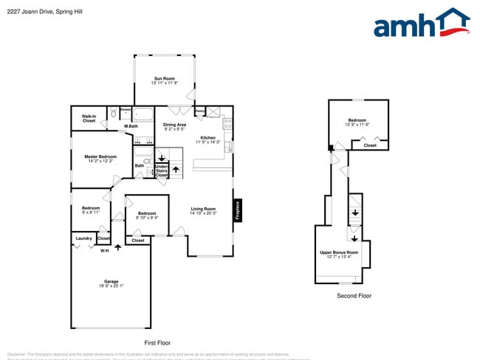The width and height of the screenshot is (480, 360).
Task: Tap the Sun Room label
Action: (x=163, y=79)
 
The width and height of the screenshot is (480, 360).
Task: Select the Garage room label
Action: (x=111, y=281)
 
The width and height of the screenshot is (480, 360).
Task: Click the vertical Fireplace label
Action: (x=238, y=210)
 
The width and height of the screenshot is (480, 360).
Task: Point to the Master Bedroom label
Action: (x=100, y=156)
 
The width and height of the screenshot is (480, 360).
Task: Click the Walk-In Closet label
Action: (x=89, y=118)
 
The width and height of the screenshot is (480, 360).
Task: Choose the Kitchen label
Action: (x=208, y=138)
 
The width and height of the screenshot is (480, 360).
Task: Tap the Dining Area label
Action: (x=174, y=125)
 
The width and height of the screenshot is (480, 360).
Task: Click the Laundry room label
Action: (x=83, y=238)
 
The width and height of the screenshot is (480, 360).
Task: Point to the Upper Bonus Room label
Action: (x=339, y=252)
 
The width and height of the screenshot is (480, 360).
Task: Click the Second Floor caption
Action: (x=354, y=296)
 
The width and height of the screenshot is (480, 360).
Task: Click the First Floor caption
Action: (x=157, y=343)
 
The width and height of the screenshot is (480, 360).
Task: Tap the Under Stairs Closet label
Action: (x=162, y=171)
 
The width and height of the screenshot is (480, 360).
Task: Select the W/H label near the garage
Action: (x=104, y=252)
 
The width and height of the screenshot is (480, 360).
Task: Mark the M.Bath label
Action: (x=131, y=126)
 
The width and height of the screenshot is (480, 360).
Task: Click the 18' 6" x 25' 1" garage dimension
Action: (x=111, y=286)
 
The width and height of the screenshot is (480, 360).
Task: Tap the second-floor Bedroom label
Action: (x=358, y=120)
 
